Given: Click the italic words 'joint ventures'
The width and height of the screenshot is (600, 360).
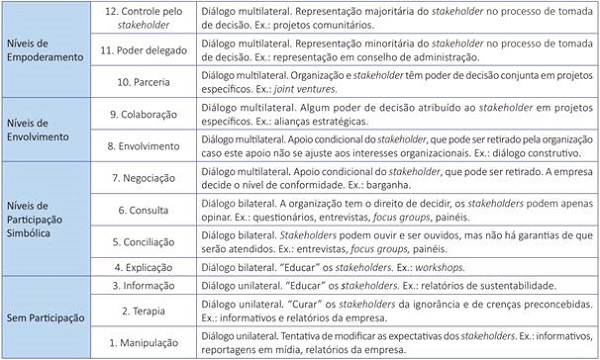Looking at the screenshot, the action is click(x=301, y=93).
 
